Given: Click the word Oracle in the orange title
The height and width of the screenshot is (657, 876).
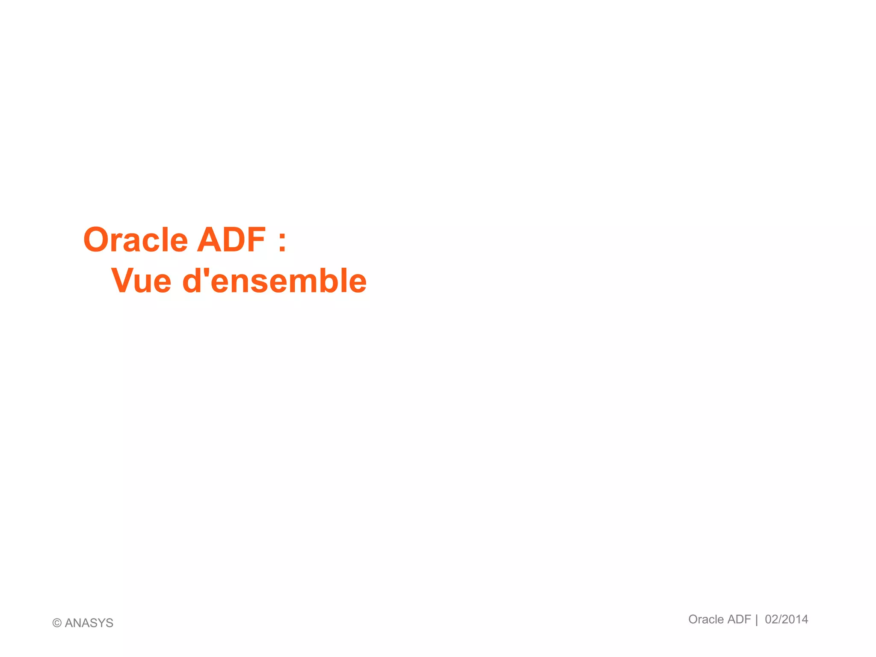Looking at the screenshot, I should click(x=136, y=240).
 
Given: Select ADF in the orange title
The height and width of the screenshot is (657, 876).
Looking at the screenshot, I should click(x=231, y=240).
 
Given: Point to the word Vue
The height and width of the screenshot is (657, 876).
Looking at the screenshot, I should click(x=141, y=281).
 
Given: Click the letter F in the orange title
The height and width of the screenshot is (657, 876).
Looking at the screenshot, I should click(x=256, y=240).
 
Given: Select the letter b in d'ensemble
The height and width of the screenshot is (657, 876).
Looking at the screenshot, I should click(x=328, y=281).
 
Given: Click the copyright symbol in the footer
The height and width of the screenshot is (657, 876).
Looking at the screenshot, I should click(x=57, y=623).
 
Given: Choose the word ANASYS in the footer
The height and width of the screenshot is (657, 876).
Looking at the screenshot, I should click(x=89, y=623).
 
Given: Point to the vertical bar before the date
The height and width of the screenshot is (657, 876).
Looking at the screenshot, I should click(x=757, y=620).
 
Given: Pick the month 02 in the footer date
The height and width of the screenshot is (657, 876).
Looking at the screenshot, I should click(x=771, y=619).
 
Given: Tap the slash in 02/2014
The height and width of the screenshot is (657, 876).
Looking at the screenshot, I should click(x=779, y=619).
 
